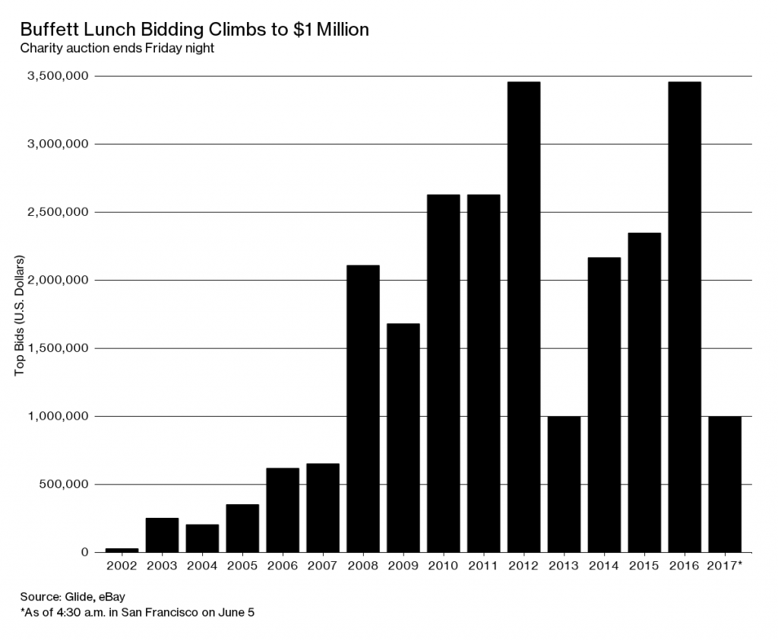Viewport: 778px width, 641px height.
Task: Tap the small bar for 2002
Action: pyautogui.click(x=122, y=549)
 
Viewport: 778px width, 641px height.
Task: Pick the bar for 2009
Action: pyautogui.click(x=403, y=437)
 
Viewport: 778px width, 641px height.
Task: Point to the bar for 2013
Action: pyautogui.click(x=564, y=484)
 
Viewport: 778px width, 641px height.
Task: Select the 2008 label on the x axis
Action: pyautogui.click(x=362, y=566)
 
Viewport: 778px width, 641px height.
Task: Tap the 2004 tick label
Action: pyautogui.click(x=202, y=566)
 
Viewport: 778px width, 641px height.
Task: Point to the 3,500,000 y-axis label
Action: pyautogui.click(x=58, y=76)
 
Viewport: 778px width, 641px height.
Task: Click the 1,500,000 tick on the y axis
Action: pyautogui.click(x=58, y=348)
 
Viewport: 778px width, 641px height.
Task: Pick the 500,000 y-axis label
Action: pyautogui.click(x=63, y=484)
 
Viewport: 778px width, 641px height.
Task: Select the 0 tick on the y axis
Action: pyautogui.click(x=85, y=552)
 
